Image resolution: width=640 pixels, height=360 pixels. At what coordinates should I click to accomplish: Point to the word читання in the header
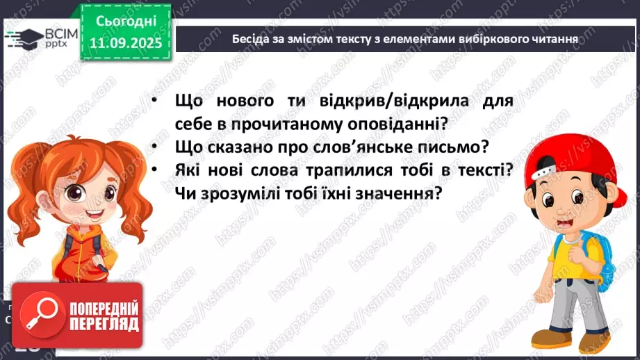coord(552,38)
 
